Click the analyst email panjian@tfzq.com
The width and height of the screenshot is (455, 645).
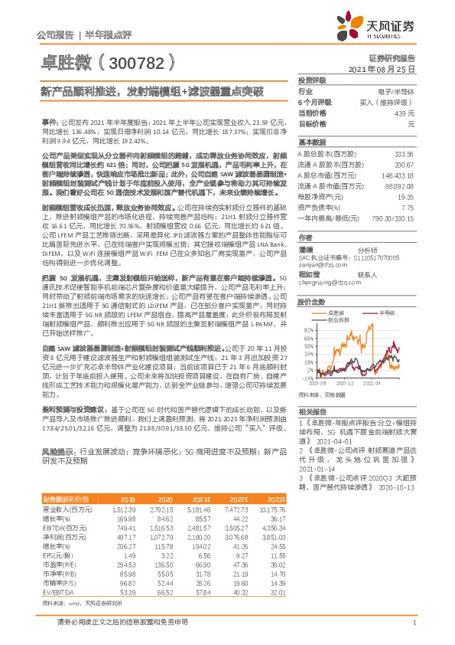pos(317,266)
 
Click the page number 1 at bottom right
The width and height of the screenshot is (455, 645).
pos(414,632)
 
